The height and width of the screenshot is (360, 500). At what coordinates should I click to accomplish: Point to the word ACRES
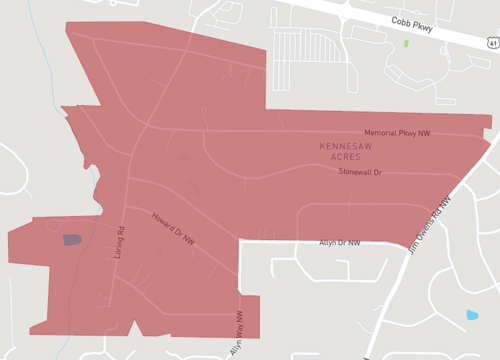(x=346, y=158)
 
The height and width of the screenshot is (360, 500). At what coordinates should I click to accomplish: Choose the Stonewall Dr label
(x=360, y=172)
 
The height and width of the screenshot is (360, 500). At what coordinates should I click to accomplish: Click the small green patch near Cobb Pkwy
(x=406, y=43)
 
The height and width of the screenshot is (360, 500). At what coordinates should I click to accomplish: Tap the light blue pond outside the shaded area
(x=472, y=315)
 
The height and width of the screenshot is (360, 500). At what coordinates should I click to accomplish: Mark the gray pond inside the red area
(x=72, y=239)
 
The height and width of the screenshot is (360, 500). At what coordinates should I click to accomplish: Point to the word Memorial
(x=381, y=132)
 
